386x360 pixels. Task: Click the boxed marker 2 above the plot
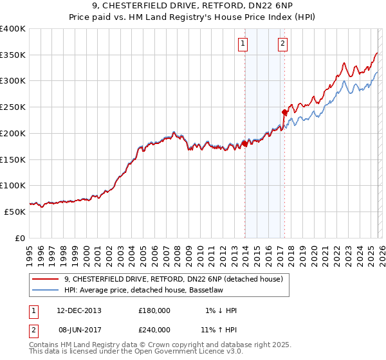283,44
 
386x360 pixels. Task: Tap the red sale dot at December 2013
244,144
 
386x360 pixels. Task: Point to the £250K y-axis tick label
13,107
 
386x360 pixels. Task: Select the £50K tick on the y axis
15,212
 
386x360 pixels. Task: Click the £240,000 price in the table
154,329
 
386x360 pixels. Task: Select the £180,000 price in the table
154,310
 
